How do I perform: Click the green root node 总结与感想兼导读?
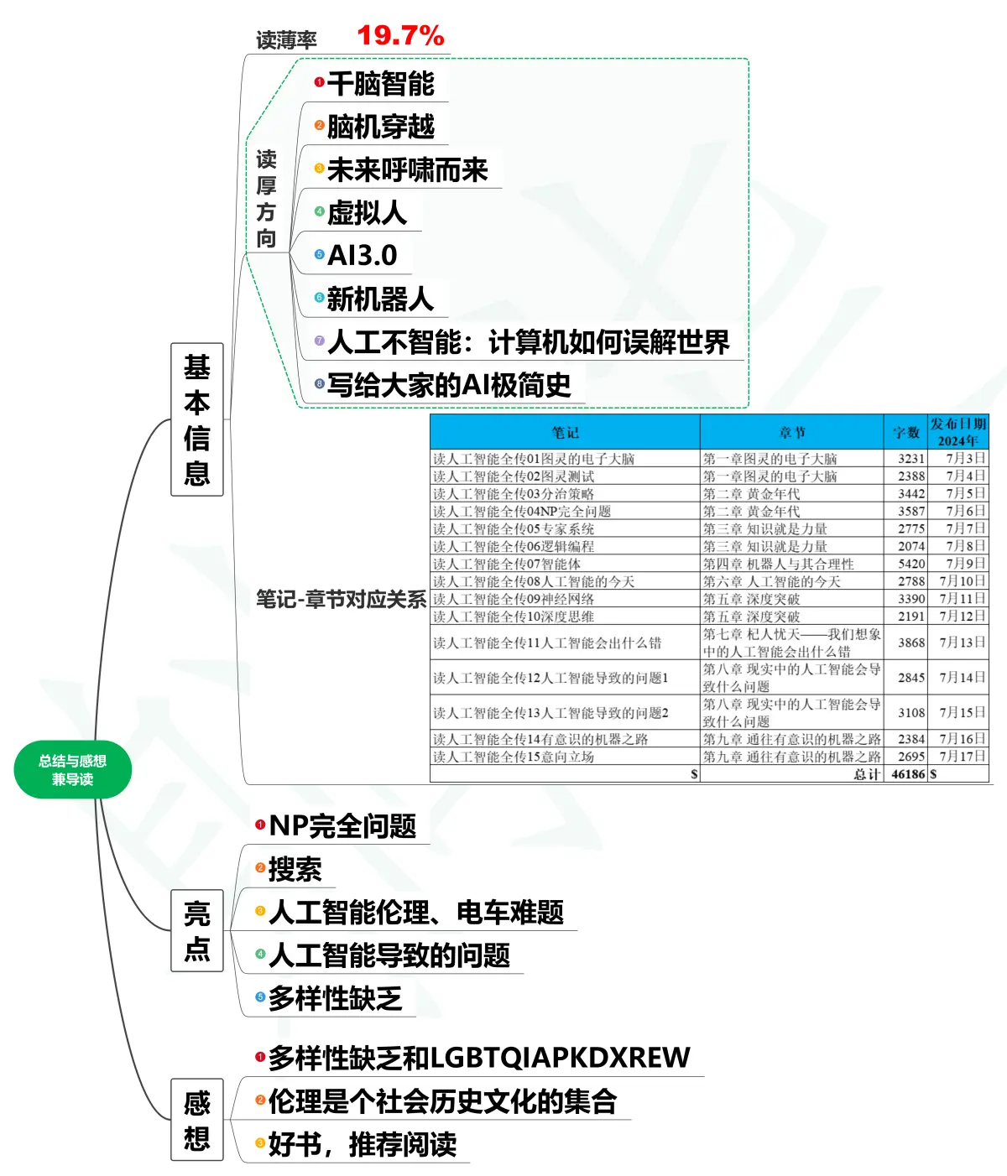pos(73,769)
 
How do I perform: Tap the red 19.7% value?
pos(400,36)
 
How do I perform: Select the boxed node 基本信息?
pos(197,419)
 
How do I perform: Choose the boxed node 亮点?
pos(197,930)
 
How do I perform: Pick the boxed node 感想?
pos(197,1120)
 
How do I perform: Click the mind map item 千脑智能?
pos(380,84)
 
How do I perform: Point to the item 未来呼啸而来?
pos(407,170)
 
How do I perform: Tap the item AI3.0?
pos(363,256)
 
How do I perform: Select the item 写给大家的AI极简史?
pos(449,386)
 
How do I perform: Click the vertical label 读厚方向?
pos(266,199)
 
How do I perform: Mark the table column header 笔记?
pos(565,433)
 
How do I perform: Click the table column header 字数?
pos(905,433)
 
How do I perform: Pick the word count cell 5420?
pos(911,564)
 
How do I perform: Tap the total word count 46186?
pos(908,774)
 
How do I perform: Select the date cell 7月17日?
pos(963,757)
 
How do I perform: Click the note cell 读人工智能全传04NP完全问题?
pos(522,512)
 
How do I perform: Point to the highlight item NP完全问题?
pos(342,826)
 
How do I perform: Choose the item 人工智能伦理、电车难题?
pos(416,913)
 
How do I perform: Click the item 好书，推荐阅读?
pos(363,1145)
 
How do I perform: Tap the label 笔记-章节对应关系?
pos(341,600)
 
